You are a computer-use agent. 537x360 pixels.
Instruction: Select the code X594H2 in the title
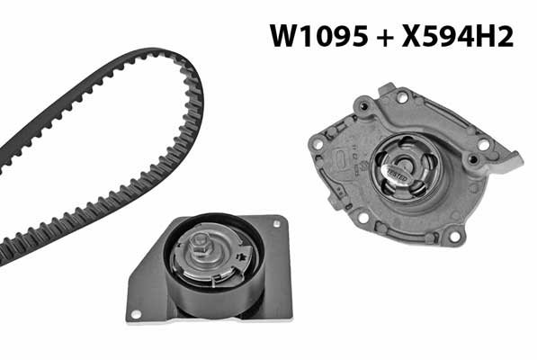tap(460, 37)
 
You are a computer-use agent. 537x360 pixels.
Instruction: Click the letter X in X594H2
tap(415, 37)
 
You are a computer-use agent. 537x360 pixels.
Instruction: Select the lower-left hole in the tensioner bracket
tap(137, 313)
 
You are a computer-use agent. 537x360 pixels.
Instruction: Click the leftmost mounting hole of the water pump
tap(316, 143)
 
